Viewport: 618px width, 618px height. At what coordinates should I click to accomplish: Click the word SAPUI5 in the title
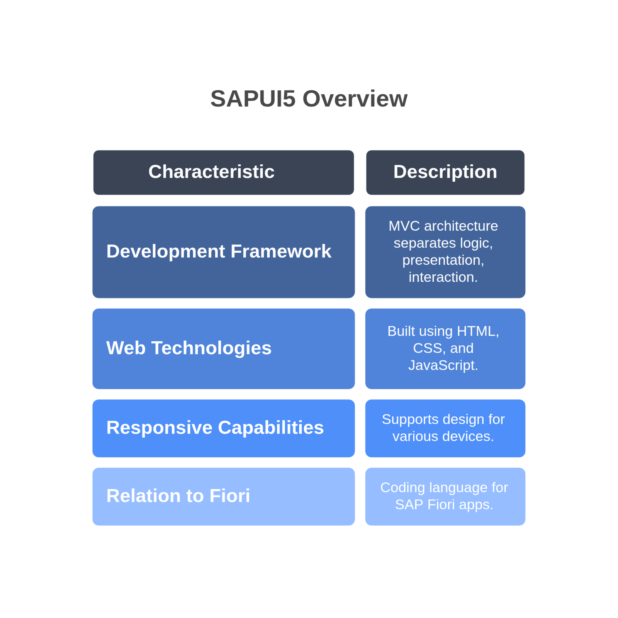[x=253, y=98]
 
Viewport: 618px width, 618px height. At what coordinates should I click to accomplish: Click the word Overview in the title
[x=355, y=98]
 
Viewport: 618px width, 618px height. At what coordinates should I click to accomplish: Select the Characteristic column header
[x=211, y=171]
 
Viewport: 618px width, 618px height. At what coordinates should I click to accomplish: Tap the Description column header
[x=445, y=172]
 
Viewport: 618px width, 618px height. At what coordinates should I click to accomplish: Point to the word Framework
[x=281, y=251]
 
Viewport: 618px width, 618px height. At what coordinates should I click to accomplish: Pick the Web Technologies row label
[x=189, y=348]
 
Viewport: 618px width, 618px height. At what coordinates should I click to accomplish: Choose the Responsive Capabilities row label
[x=215, y=428]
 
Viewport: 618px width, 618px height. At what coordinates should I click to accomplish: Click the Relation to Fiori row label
[x=178, y=496]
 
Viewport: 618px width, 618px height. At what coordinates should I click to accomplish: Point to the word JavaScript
[x=443, y=365]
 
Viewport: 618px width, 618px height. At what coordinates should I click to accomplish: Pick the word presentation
[x=443, y=260]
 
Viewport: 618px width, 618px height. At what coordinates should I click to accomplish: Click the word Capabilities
[x=271, y=428]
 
